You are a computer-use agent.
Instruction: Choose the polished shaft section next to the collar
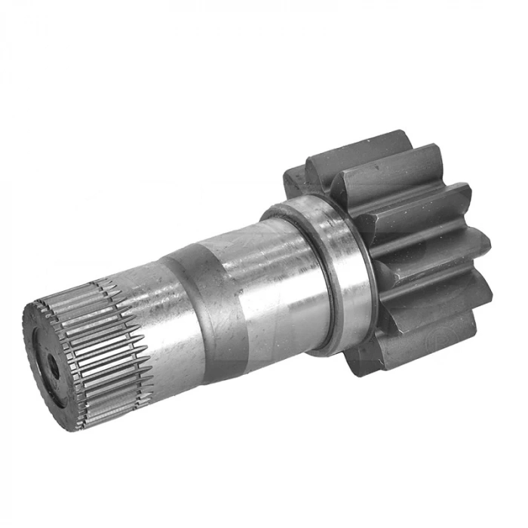pos(275,279)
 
